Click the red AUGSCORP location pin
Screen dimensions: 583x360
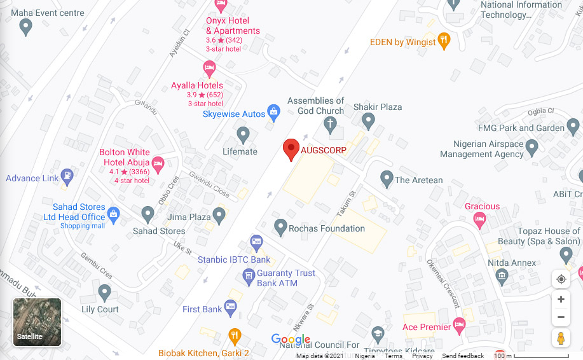coord(291,149)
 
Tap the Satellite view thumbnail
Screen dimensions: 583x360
coord(38,322)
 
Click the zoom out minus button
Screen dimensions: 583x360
coord(560,317)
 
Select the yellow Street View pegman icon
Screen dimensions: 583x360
coord(560,338)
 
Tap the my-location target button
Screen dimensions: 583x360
coord(560,279)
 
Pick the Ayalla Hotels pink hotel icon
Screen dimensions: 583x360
coord(209,67)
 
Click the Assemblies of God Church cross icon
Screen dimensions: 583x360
coord(330,124)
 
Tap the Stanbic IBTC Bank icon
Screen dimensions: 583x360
coord(256,242)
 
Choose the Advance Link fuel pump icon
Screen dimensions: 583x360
coord(67,176)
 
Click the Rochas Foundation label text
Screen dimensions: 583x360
coord(327,228)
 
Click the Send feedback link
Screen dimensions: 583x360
coord(463,356)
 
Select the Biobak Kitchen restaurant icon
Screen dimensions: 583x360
coord(235,335)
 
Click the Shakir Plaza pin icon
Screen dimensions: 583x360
coord(368,120)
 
